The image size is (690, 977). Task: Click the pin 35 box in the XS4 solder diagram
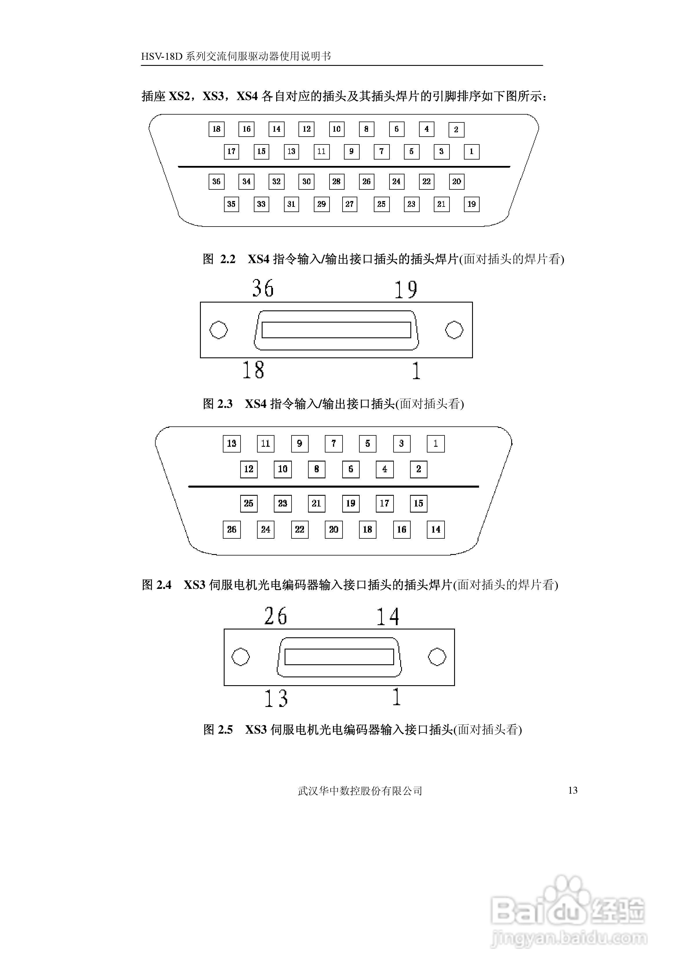(x=231, y=204)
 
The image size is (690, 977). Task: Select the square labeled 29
(x=321, y=204)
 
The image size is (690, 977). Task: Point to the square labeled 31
(x=291, y=204)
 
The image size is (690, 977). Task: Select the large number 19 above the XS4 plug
(x=406, y=290)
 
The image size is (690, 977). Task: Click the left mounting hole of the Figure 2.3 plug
(x=219, y=330)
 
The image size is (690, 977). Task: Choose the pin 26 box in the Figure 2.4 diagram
(x=232, y=530)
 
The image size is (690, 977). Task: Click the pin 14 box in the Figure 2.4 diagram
(x=436, y=530)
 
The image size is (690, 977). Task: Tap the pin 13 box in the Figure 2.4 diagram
(x=232, y=444)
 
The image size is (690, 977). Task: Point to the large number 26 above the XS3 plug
(x=276, y=616)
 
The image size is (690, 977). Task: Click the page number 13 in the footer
(x=573, y=790)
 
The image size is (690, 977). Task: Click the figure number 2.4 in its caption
(x=164, y=585)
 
